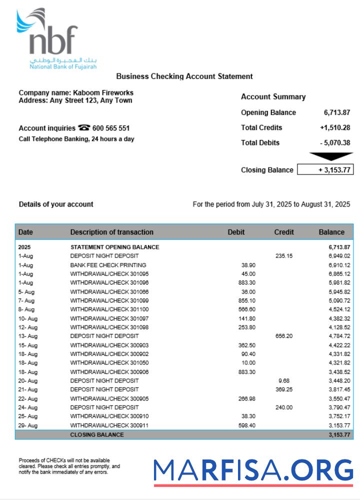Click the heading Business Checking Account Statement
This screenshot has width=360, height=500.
(x=184, y=76)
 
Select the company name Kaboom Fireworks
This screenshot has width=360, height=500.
(x=103, y=92)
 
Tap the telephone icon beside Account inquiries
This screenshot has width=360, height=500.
(x=84, y=128)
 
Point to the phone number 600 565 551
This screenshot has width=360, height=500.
(x=111, y=128)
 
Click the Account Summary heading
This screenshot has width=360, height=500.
(x=273, y=97)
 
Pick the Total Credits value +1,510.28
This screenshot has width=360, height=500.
(x=335, y=127)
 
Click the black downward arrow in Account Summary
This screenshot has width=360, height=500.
(x=330, y=156)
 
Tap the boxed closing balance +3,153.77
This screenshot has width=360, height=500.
(x=325, y=170)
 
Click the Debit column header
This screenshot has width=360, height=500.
(x=236, y=232)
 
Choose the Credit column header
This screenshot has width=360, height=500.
(x=284, y=232)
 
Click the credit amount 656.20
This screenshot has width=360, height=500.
(x=284, y=336)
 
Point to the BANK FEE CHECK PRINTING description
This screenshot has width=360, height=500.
(x=108, y=265)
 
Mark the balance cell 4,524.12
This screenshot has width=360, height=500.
(x=339, y=309)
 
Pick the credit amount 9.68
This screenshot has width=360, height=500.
(x=284, y=380)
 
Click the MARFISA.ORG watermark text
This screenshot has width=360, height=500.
(x=253, y=470)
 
